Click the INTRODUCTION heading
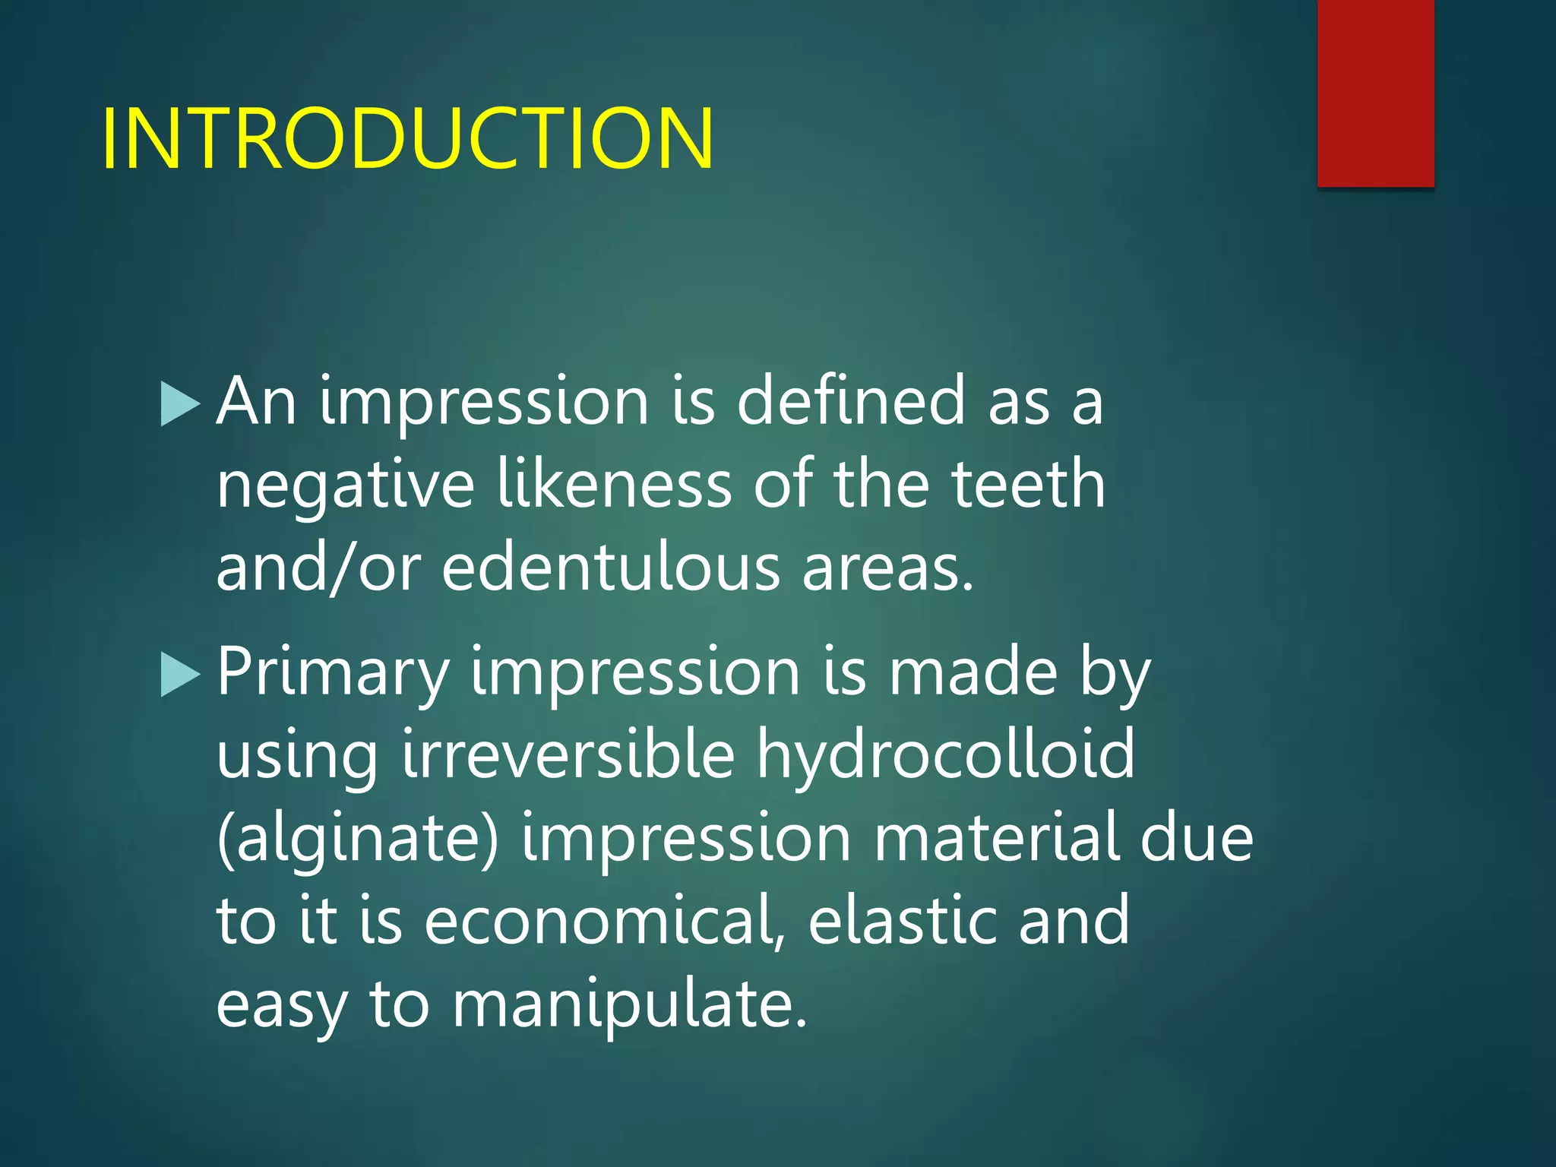[x=407, y=138]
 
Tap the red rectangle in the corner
[x=1375, y=93]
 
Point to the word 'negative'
[x=346, y=486]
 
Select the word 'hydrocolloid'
[x=945, y=757]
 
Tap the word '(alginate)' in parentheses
[x=357, y=839]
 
